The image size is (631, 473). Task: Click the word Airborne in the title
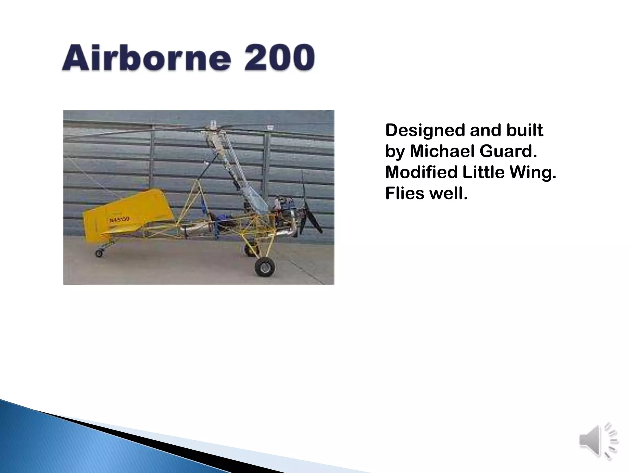click(x=146, y=58)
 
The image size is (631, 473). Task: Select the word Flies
click(x=405, y=193)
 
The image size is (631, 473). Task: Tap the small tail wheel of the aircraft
click(x=99, y=253)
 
